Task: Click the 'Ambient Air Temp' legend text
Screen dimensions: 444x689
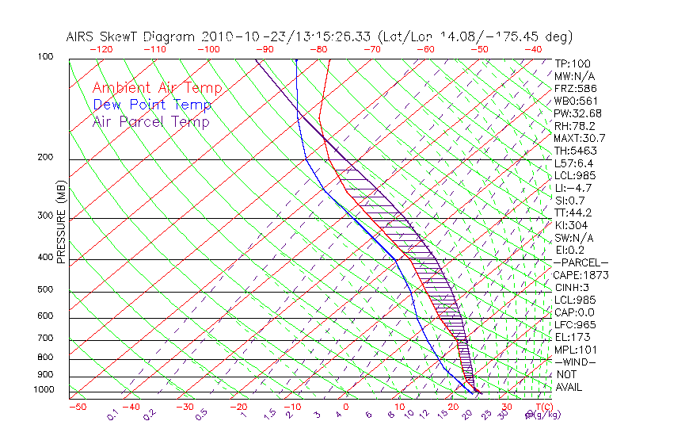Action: click(x=157, y=88)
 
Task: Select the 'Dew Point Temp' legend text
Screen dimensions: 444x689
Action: click(x=152, y=105)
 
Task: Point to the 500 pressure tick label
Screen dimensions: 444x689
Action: click(x=47, y=289)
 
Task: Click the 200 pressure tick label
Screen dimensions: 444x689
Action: click(x=47, y=157)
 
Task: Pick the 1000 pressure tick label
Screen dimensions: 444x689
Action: click(x=44, y=389)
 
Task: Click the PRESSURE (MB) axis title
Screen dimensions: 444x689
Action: click(x=61, y=223)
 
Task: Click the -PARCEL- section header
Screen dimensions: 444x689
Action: click(x=581, y=262)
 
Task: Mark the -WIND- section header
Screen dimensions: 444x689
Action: click(x=577, y=362)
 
